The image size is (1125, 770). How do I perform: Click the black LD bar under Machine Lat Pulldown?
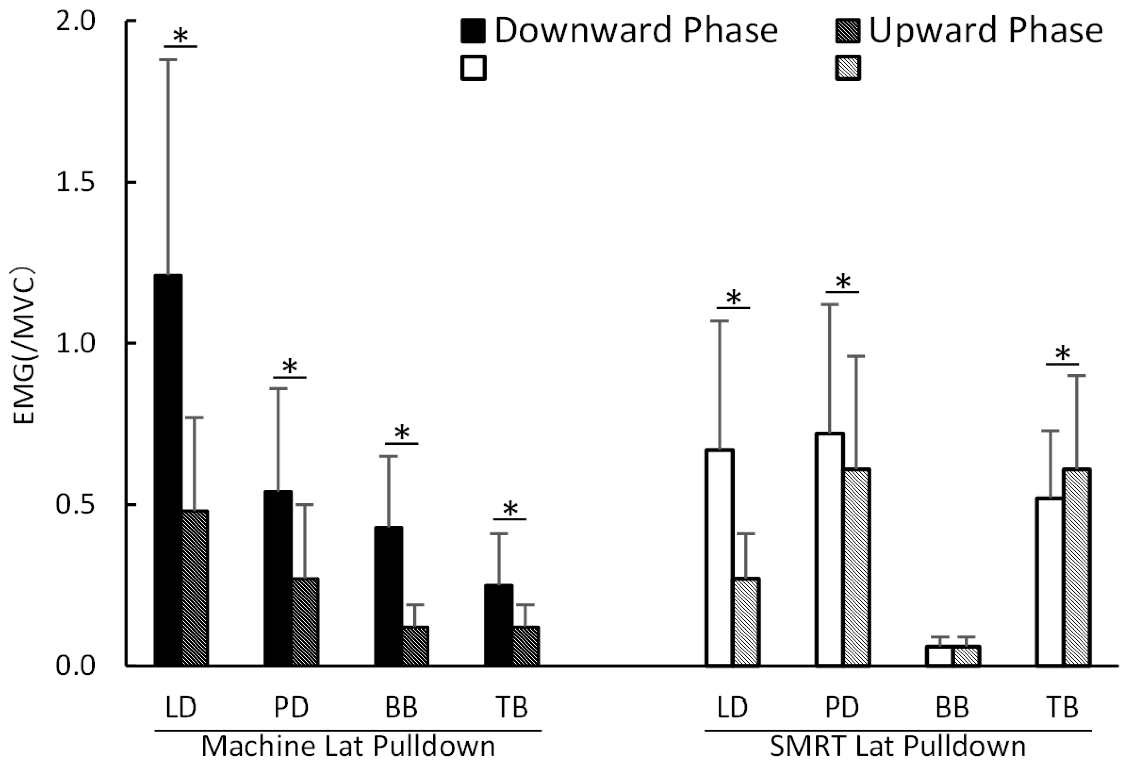coord(168,469)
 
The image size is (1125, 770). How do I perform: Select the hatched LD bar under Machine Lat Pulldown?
coord(195,588)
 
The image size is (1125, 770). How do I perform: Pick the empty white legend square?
coord(473,68)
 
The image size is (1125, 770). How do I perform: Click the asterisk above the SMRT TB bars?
coord(1063,354)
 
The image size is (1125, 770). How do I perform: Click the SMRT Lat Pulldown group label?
coord(898,746)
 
